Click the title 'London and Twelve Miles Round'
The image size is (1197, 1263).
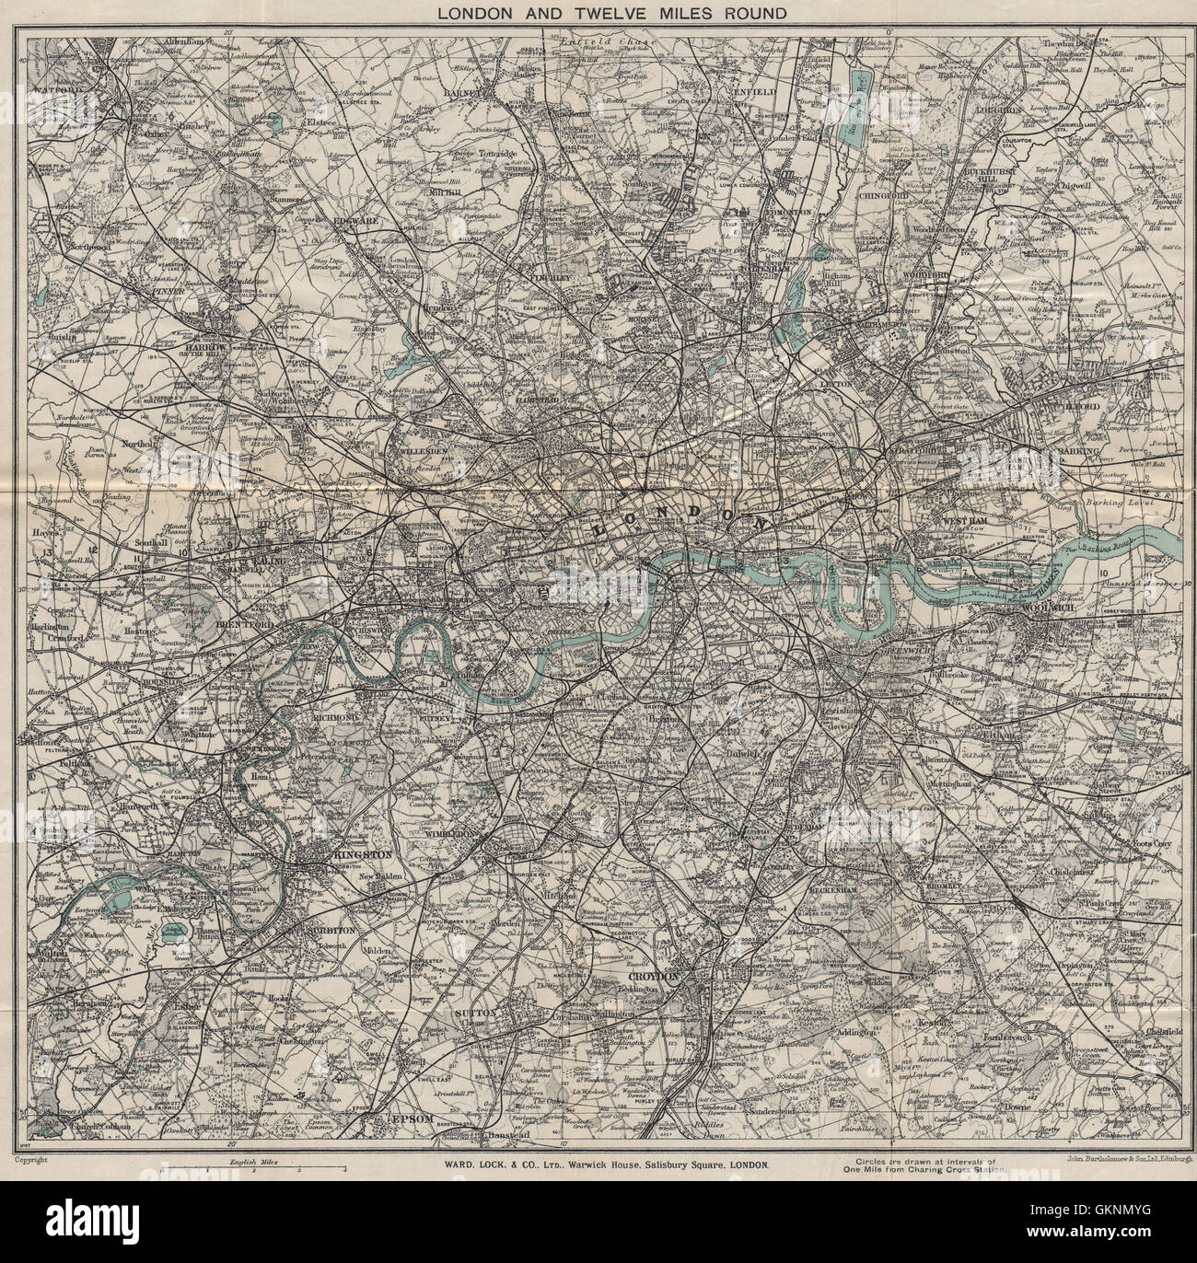coord(598,13)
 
